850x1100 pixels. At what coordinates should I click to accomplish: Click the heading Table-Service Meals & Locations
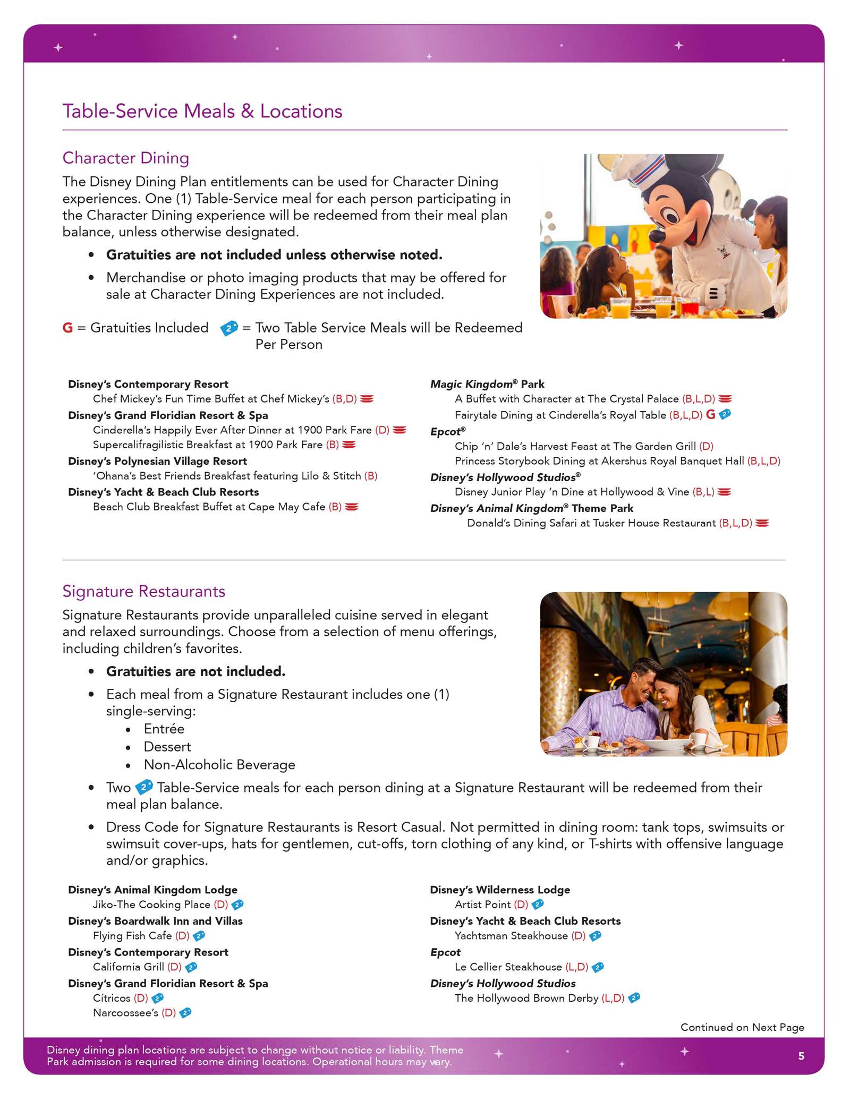pyautogui.click(x=202, y=112)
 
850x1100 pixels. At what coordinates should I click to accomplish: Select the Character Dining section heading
pyautogui.click(x=126, y=158)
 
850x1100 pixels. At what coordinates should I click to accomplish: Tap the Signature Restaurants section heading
pyautogui.click(x=144, y=592)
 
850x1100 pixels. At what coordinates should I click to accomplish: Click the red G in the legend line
pyautogui.click(x=67, y=328)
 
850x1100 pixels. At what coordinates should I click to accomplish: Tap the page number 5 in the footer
pyautogui.click(x=801, y=1056)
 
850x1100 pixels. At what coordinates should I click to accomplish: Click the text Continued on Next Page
pyautogui.click(x=742, y=1027)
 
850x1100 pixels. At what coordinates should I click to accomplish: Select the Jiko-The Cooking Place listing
pyautogui.click(x=152, y=905)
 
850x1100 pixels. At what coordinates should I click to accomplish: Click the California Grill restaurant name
pyautogui.click(x=129, y=967)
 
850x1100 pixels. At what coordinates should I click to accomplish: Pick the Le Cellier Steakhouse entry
pyautogui.click(x=508, y=967)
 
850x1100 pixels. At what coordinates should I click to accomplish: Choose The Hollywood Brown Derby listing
pyautogui.click(x=526, y=998)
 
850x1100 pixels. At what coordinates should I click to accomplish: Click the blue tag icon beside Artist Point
pyautogui.click(x=538, y=904)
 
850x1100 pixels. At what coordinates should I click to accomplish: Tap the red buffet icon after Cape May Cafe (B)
pyautogui.click(x=351, y=507)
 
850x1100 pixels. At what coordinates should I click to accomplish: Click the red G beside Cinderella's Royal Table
pyautogui.click(x=710, y=415)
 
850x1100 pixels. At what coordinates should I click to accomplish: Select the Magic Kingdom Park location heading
pyautogui.click(x=487, y=384)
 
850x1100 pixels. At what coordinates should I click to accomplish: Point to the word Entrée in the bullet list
pyautogui.click(x=164, y=729)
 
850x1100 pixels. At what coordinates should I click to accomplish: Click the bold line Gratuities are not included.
pyautogui.click(x=195, y=672)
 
